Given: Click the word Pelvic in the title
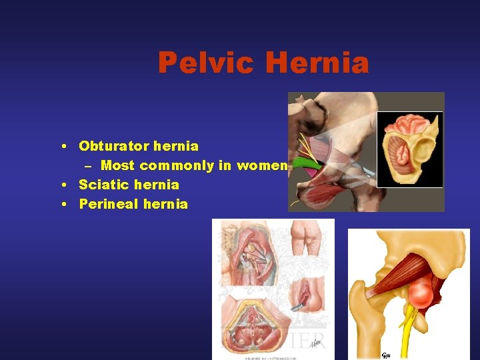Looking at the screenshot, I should coord(206,63).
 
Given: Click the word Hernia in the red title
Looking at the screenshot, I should coord(317,63).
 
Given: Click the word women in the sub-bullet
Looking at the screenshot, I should coord(265,165).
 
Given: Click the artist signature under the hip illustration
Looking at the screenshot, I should coord(387,353).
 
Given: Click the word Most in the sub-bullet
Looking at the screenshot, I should coord(117,165).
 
